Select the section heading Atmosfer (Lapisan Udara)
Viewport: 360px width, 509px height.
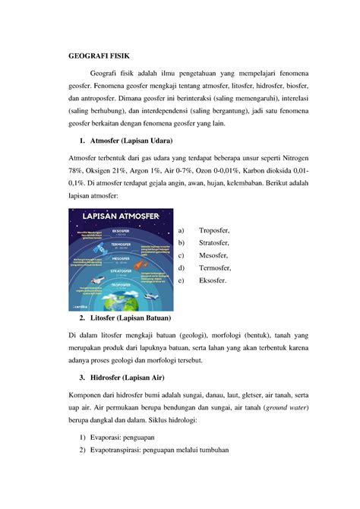(131, 141)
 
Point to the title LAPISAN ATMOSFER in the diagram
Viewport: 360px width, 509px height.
(121, 217)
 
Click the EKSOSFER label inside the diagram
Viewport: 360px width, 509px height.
(120, 231)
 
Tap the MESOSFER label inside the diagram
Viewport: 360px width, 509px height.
(120, 258)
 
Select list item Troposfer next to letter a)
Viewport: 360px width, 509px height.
(214, 231)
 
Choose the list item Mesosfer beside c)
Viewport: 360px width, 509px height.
(213, 256)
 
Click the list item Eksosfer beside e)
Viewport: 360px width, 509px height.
(213, 281)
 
